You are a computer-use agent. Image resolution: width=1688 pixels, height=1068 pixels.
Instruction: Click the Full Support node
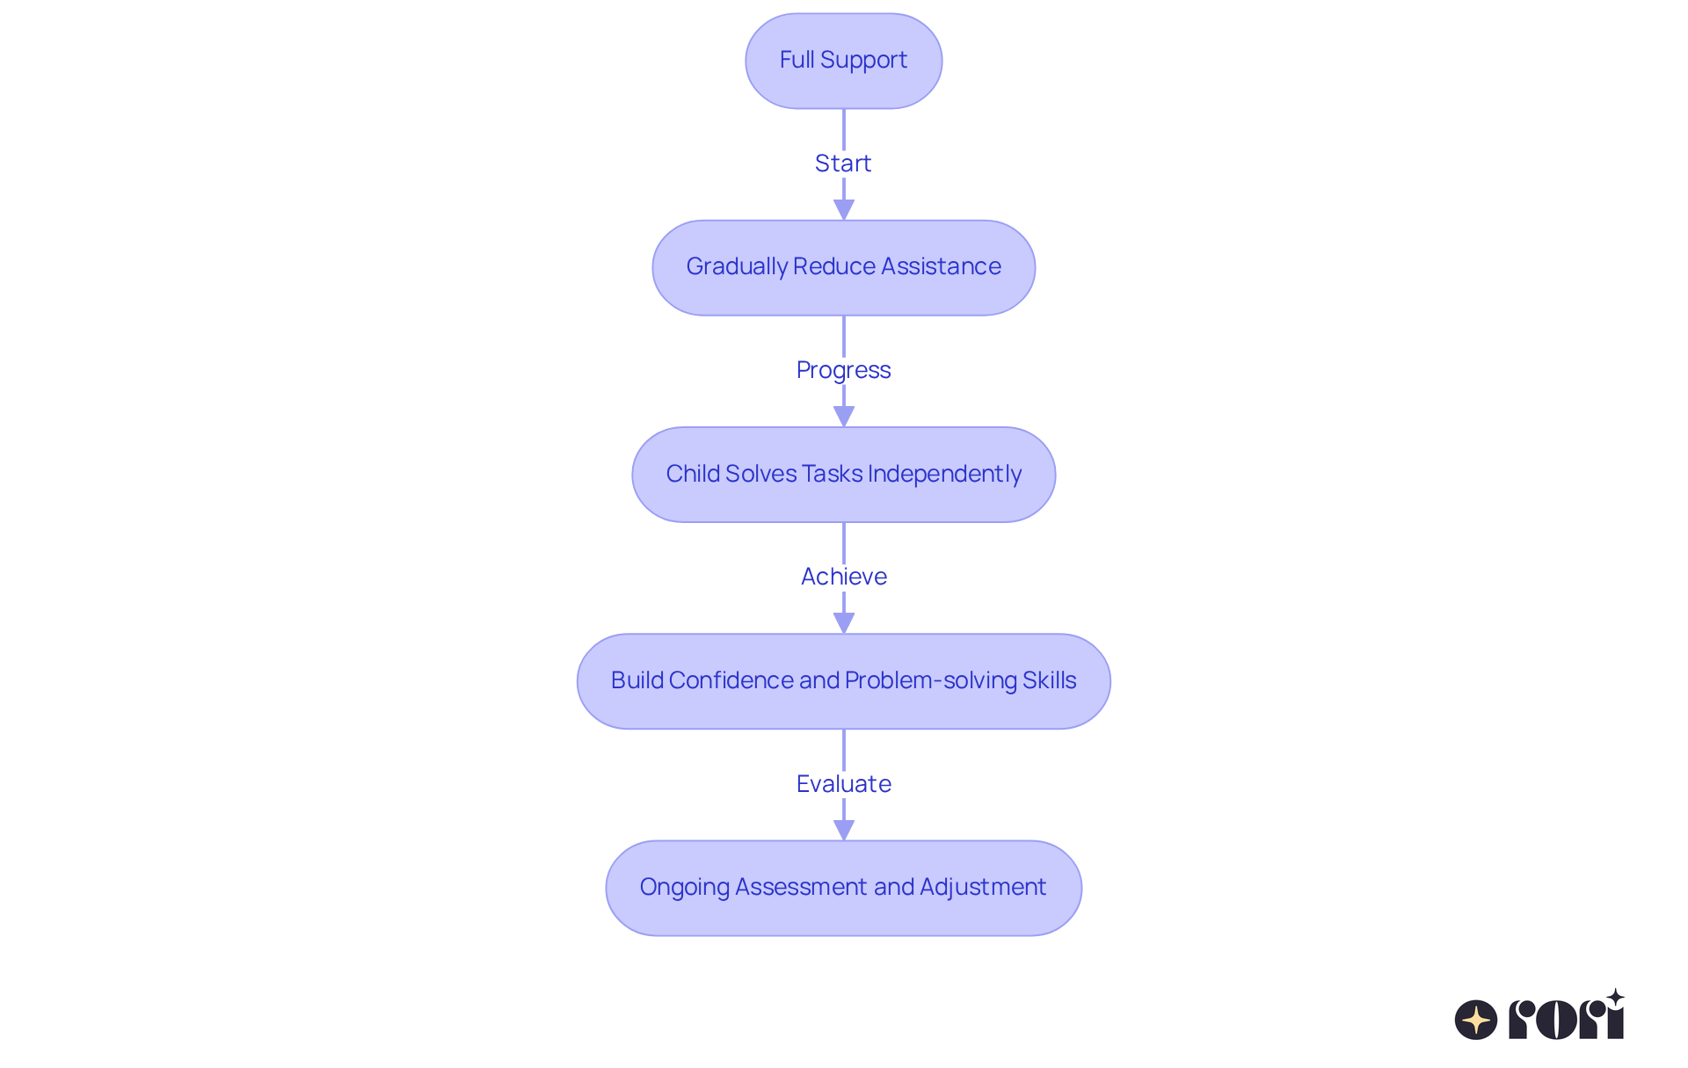[x=843, y=61]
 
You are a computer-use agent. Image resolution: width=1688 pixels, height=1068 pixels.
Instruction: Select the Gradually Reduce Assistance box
[x=843, y=267]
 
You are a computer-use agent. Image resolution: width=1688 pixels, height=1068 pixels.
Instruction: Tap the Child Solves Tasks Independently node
[x=843, y=475]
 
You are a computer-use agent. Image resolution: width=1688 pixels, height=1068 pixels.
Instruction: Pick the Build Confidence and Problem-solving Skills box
[x=843, y=681]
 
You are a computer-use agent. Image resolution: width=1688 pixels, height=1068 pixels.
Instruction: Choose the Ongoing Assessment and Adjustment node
[x=843, y=888]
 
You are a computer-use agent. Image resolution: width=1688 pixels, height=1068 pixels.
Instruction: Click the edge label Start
[x=842, y=163]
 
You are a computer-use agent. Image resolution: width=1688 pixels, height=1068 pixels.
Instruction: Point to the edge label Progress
[x=842, y=370]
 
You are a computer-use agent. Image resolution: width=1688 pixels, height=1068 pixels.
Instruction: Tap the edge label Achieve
[x=843, y=577]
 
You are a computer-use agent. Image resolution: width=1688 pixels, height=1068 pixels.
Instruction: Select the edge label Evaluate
[x=843, y=784]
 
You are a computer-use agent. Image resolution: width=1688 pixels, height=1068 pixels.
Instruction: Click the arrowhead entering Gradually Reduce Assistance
[x=843, y=210]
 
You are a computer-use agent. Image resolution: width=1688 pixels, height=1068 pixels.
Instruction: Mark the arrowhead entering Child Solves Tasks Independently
[x=843, y=417]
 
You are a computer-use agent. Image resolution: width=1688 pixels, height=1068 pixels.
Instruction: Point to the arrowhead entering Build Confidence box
[x=843, y=623]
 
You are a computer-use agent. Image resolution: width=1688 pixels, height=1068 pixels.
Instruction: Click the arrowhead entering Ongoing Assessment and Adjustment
[x=843, y=830]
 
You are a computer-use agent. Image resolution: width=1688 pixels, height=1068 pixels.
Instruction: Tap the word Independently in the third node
[x=944, y=474]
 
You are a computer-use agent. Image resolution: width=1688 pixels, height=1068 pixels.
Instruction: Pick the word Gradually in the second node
[x=737, y=266]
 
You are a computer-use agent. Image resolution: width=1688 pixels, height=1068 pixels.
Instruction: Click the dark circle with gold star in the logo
[x=1475, y=1020]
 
